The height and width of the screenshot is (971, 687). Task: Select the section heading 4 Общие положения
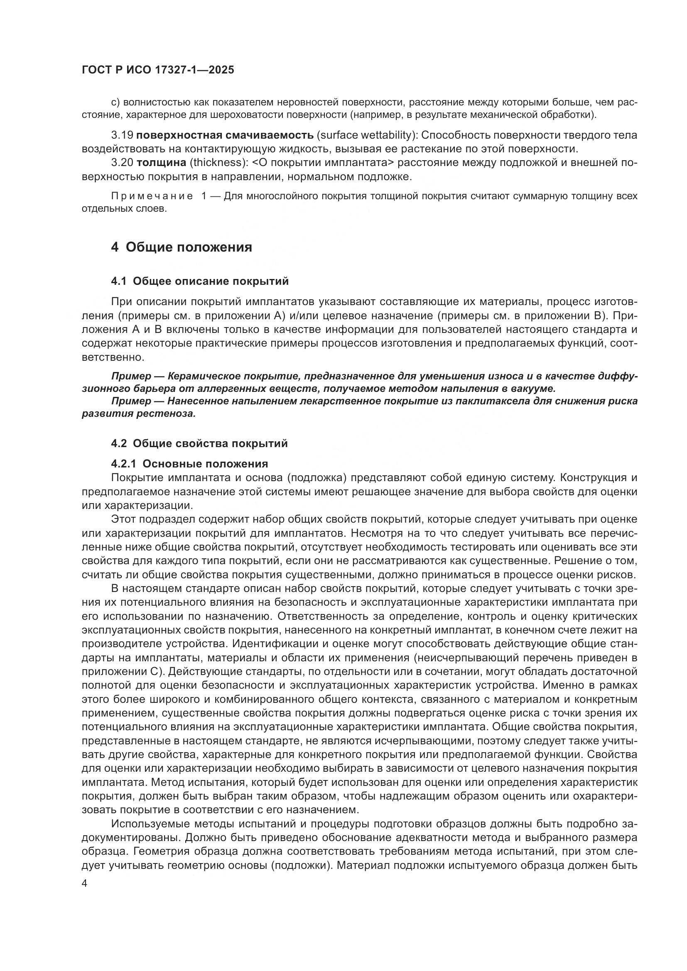pos(182,247)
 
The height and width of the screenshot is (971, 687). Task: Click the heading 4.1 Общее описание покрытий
pos(200,281)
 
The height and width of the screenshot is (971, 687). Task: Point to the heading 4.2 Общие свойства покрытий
pos(199,443)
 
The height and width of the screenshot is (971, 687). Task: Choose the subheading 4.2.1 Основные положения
pos(189,464)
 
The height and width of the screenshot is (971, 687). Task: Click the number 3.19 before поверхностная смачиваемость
pos(122,135)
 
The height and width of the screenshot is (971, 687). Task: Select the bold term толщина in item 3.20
pos(162,163)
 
